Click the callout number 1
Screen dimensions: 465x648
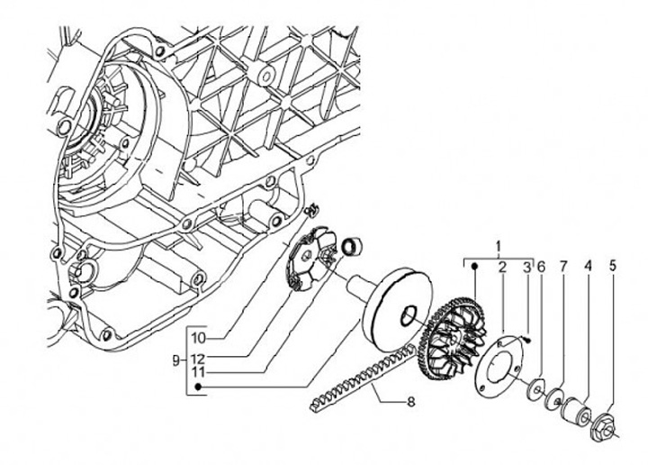(x=498, y=245)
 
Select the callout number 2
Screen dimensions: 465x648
(x=503, y=267)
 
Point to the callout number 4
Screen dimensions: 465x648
(x=588, y=267)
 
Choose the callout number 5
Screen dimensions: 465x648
(x=613, y=267)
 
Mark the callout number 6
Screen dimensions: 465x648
(x=541, y=267)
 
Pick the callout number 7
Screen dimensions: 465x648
(x=564, y=267)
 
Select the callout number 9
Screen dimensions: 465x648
(x=177, y=360)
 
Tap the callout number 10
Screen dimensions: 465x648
(x=199, y=338)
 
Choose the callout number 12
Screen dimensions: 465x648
(x=199, y=355)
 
